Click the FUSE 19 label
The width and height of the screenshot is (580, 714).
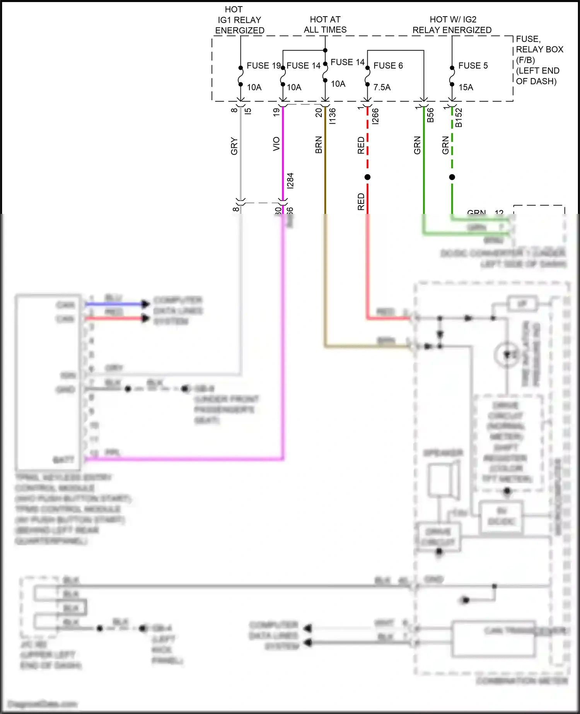pyautogui.click(x=263, y=66)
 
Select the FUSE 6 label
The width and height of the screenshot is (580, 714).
pyautogui.click(x=388, y=66)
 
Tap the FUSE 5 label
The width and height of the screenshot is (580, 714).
pyautogui.click(x=473, y=66)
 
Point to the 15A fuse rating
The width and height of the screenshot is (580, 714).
pyautogui.click(x=466, y=87)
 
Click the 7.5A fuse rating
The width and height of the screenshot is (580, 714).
pyautogui.click(x=382, y=87)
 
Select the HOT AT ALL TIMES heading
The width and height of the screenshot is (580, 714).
pyautogui.click(x=325, y=24)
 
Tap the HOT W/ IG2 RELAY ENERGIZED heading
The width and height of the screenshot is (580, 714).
pyautogui.click(x=452, y=25)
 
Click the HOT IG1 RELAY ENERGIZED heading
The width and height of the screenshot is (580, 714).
pyautogui.click(x=239, y=20)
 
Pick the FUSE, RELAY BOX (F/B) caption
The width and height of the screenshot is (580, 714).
pyautogui.click(x=539, y=60)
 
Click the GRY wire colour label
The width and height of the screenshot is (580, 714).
pyautogui.click(x=234, y=146)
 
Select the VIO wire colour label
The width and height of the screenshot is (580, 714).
pyautogui.click(x=276, y=144)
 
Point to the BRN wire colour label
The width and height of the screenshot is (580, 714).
pyautogui.click(x=319, y=145)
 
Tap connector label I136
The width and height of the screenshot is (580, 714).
pyautogui.click(x=332, y=116)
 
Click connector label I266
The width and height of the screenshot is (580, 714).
pyautogui.click(x=375, y=116)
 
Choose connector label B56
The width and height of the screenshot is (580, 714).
pyautogui.click(x=430, y=115)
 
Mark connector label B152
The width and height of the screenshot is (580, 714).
pyautogui.click(x=459, y=118)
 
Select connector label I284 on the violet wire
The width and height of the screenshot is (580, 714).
pyautogui.click(x=290, y=181)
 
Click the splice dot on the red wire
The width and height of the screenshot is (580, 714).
pyautogui.click(x=367, y=177)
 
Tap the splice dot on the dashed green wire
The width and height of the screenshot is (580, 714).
pyautogui.click(x=452, y=177)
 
